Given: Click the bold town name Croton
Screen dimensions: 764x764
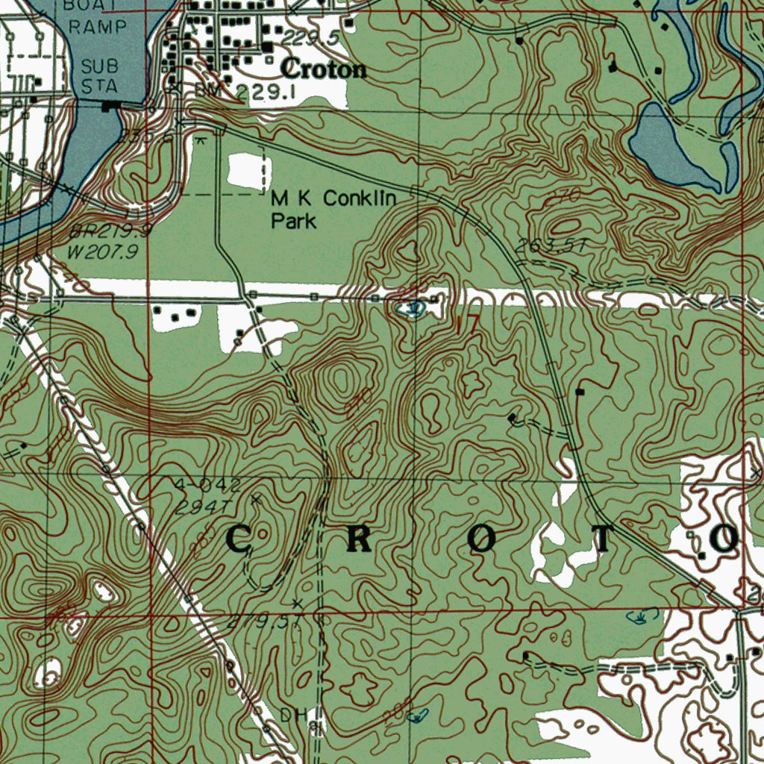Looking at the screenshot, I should click(324, 69).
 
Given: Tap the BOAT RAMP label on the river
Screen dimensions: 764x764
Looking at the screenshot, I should click(100, 15).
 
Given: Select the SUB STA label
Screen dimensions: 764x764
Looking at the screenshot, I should click(100, 75).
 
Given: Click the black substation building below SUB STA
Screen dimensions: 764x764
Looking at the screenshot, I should click(112, 107).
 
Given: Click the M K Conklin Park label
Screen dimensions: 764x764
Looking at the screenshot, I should click(334, 209).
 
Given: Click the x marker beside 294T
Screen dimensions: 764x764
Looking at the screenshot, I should click(255, 498).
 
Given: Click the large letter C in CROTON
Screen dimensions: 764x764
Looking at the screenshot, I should click(238, 539).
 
